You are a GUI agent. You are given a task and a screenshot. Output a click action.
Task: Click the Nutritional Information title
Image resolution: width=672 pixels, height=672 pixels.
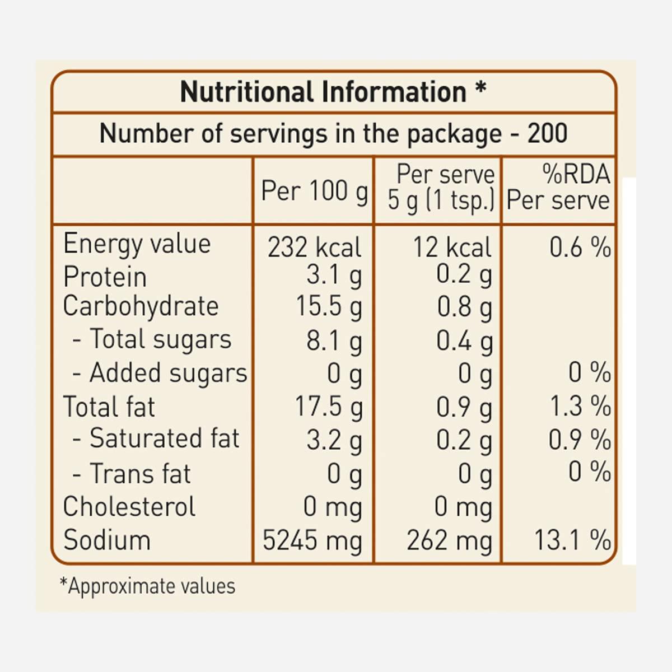(x=333, y=92)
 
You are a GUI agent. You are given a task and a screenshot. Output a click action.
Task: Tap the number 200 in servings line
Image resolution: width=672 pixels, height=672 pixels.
(x=547, y=134)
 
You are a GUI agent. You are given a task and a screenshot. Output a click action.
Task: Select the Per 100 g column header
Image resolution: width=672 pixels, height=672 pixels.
(x=314, y=192)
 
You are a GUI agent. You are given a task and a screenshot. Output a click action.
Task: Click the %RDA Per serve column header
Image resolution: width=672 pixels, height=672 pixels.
(x=558, y=188)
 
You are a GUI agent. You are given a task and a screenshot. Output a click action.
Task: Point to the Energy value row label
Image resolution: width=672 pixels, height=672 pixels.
(x=137, y=244)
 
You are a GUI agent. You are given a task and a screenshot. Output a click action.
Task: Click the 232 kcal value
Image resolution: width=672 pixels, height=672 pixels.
(x=314, y=248)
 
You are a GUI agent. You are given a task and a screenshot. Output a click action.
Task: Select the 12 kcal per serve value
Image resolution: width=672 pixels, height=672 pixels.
(x=452, y=248)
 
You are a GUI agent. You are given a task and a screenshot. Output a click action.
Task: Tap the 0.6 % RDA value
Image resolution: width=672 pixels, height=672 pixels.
(x=580, y=247)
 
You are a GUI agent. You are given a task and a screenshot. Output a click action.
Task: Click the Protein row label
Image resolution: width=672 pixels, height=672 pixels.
(x=105, y=277)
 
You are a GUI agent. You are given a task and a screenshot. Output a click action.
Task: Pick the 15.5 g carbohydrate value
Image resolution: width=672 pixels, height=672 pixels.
(x=329, y=307)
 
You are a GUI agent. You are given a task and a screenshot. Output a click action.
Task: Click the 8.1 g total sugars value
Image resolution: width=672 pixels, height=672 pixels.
(x=334, y=341)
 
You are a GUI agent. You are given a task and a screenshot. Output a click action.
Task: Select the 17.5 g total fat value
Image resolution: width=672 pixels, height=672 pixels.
(x=329, y=407)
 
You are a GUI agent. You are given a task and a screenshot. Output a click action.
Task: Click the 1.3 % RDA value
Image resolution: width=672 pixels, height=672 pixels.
(x=580, y=406)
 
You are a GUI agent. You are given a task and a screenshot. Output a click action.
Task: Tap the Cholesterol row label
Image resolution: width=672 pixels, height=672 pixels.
(x=129, y=507)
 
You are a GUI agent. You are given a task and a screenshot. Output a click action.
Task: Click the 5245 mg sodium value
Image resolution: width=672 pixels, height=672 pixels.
(x=312, y=541)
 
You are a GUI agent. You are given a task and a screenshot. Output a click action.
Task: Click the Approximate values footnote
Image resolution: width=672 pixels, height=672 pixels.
(x=148, y=586)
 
